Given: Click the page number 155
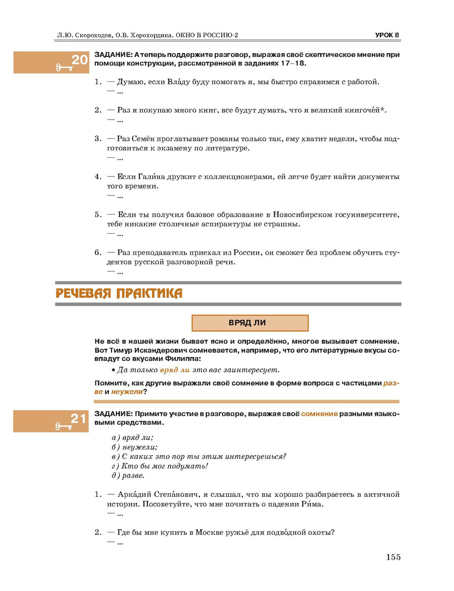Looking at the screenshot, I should click(393, 557).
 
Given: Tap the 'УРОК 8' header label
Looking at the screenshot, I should click(387, 35).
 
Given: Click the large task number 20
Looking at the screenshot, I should click(79, 60).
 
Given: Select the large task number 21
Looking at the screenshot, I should click(78, 418).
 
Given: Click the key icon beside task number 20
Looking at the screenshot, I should click(64, 68).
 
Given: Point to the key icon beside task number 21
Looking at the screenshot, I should click(64, 426).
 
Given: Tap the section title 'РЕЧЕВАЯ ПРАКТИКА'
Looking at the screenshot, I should click(119, 293).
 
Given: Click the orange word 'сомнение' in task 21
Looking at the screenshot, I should click(319, 414).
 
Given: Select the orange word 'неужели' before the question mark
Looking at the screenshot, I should click(127, 391).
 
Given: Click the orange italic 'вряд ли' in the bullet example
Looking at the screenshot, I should click(175, 370).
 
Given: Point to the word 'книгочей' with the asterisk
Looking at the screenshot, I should click(365, 110).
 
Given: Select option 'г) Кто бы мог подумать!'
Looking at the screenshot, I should click(160, 466).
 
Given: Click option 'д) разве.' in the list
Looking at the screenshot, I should click(128, 476).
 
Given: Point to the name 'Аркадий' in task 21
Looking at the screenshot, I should click(134, 494).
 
